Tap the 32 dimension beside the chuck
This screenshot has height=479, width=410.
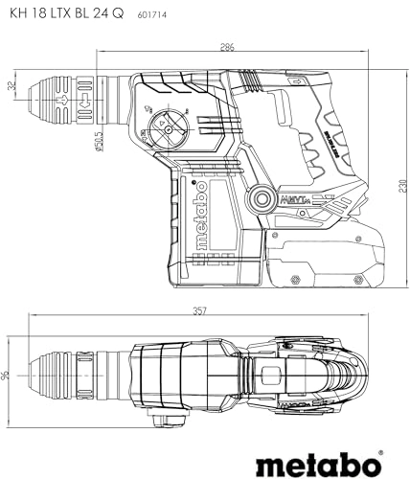pyautogui.click(x=11, y=85)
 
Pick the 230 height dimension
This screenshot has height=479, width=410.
pyautogui.click(x=398, y=188)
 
